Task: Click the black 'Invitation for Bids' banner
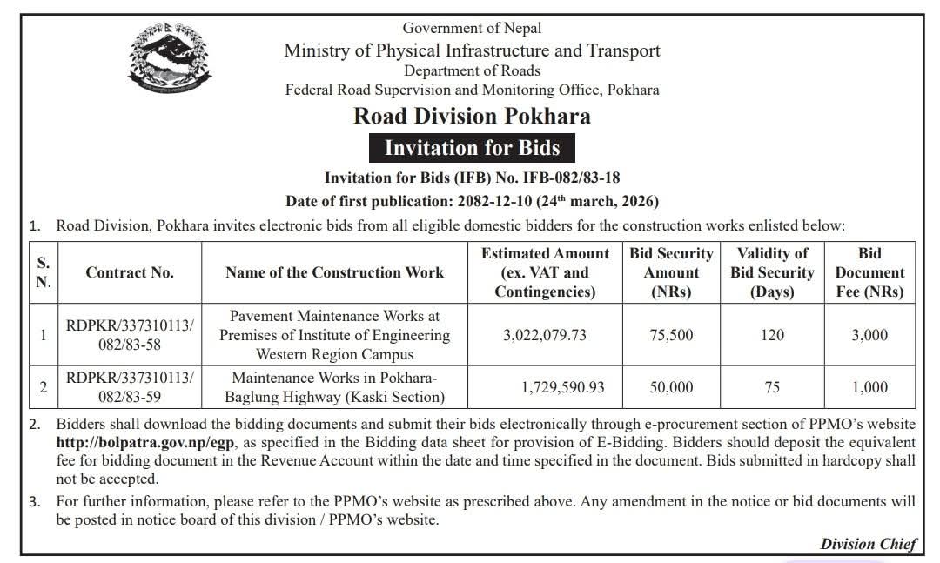click(x=472, y=147)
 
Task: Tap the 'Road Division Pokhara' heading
click(x=472, y=116)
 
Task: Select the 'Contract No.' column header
click(x=130, y=272)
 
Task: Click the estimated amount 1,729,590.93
click(x=563, y=387)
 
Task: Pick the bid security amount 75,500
click(x=671, y=335)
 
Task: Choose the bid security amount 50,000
click(x=671, y=387)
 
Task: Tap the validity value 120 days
click(x=772, y=335)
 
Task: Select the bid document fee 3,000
click(x=869, y=335)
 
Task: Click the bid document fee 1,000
click(x=869, y=387)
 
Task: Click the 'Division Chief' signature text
click(x=868, y=544)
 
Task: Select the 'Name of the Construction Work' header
click(x=334, y=272)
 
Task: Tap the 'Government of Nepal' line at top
click(x=472, y=29)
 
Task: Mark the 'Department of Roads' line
click(x=472, y=70)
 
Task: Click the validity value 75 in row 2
click(x=772, y=387)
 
